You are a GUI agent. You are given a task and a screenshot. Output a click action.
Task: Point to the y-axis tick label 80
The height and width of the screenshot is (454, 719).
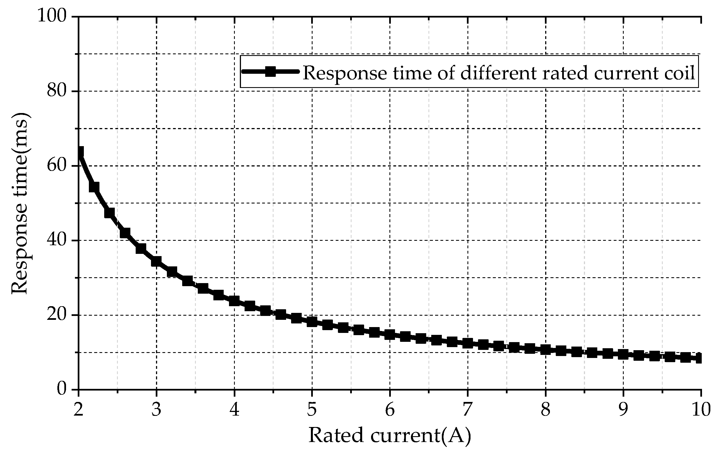click(x=57, y=90)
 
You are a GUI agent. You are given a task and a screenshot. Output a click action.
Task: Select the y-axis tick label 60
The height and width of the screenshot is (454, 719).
click(x=57, y=165)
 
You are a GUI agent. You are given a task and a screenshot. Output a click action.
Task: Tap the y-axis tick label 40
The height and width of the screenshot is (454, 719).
click(x=57, y=240)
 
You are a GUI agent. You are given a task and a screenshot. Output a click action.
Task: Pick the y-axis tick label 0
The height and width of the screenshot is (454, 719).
click(x=62, y=389)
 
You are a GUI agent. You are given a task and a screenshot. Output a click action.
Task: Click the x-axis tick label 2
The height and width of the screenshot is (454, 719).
click(x=78, y=410)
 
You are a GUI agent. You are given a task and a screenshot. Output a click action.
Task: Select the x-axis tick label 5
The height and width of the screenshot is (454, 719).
click(x=312, y=410)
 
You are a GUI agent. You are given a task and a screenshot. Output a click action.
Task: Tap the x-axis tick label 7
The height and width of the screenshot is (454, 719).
click(x=468, y=410)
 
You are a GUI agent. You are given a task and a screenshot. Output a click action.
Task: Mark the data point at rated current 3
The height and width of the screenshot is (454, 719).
click(x=156, y=262)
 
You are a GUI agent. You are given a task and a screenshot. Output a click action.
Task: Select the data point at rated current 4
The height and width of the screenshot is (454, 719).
click(x=234, y=301)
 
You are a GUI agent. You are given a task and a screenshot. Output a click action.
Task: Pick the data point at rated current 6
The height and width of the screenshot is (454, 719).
click(x=390, y=334)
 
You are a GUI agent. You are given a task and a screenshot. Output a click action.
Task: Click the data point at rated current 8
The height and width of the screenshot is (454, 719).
click(x=545, y=350)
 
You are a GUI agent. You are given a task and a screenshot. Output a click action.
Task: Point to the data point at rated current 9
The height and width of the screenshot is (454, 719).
click(x=623, y=354)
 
